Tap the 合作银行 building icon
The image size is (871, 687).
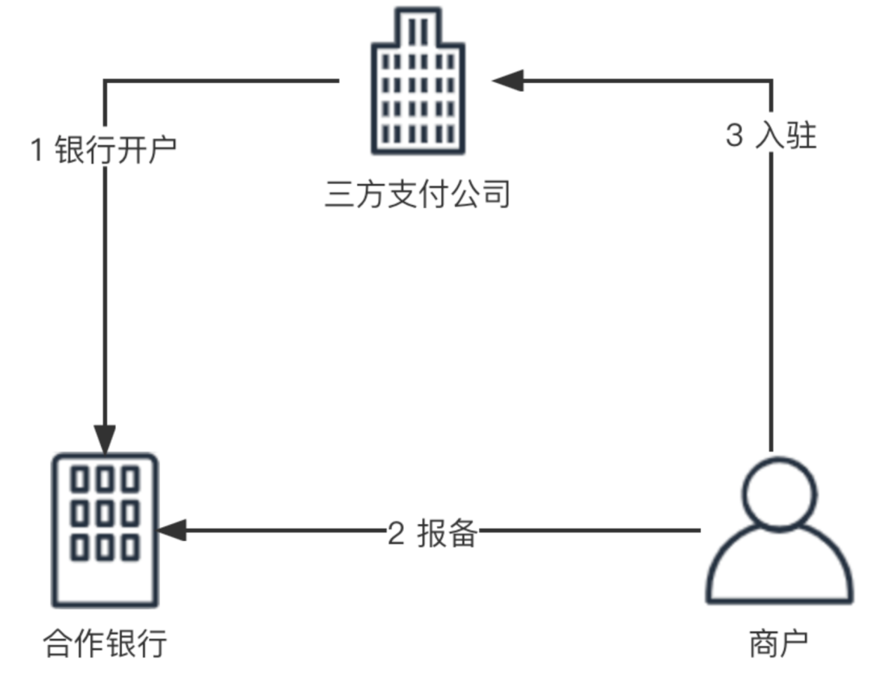click(105, 530)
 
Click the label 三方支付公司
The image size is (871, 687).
click(418, 194)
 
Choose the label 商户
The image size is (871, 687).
click(778, 643)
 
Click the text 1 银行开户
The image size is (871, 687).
click(103, 151)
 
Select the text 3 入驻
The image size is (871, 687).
click(771, 135)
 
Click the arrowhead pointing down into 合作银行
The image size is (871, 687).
click(105, 439)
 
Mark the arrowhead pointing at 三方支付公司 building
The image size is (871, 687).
click(508, 81)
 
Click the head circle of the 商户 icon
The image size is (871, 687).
click(778, 493)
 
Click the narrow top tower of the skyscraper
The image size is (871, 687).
click(418, 27)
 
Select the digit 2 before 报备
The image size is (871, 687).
click(395, 534)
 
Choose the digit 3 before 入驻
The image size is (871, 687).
click(733, 135)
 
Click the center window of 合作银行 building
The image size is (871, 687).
click(105, 513)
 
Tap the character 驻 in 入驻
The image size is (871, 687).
click(800, 135)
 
